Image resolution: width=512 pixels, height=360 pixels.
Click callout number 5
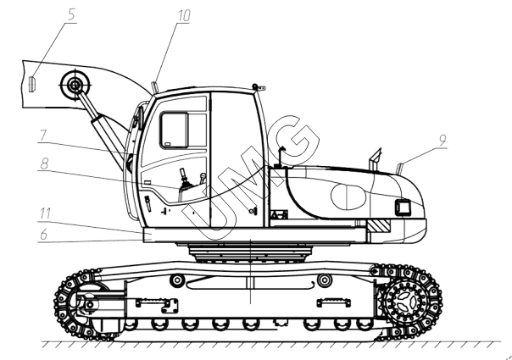click(x=71, y=15)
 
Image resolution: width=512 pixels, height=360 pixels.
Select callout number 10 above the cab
click(x=184, y=15)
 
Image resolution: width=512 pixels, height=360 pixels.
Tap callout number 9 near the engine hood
click(x=442, y=141)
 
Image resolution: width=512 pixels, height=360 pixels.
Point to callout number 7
click(x=43, y=136)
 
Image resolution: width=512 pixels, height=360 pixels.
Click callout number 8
click(x=44, y=163)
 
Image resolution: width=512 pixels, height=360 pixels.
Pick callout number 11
click(x=46, y=213)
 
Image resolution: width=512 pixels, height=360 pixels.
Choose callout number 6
click(x=44, y=235)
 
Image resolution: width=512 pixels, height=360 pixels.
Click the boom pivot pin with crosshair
click(x=75, y=86)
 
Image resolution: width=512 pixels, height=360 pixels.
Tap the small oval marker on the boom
click(x=32, y=84)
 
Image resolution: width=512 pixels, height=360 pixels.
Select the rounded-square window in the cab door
click(x=175, y=130)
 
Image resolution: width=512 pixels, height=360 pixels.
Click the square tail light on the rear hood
click(x=403, y=208)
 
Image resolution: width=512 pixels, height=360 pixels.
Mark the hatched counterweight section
click(x=378, y=226)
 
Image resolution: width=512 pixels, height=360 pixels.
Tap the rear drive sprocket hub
click(x=406, y=300)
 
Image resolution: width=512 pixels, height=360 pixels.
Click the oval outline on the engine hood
click(x=348, y=197)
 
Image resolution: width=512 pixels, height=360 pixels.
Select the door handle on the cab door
click(x=147, y=203)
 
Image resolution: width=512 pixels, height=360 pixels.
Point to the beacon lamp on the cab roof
click(x=255, y=86)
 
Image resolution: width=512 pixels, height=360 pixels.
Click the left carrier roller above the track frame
click(x=177, y=280)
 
